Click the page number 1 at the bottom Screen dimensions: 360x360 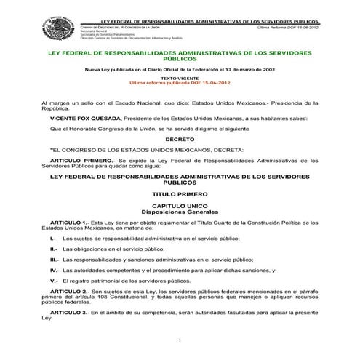coord(179,341)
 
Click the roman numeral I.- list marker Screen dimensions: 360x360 coord(53,238)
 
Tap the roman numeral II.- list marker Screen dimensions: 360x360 coord(52,248)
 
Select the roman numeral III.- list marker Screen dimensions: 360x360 coord(52,258)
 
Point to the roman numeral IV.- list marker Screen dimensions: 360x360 coord(52,269)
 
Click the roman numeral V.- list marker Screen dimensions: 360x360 coord(53,279)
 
